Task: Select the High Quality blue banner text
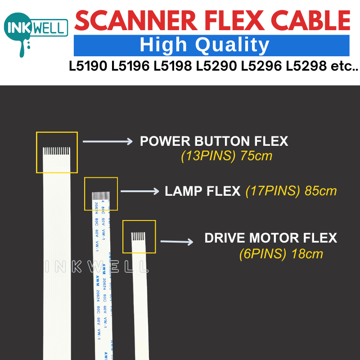click(x=204, y=45)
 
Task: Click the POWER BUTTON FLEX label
click(x=214, y=141)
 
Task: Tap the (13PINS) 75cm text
click(x=226, y=157)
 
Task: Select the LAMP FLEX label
click(x=202, y=191)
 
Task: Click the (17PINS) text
click(x=273, y=191)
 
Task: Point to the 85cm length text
click(x=321, y=191)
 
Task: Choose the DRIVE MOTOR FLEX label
click(x=270, y=238)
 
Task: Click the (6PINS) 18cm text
click(x=281, y=254)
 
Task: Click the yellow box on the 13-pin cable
click(x=57, y=152)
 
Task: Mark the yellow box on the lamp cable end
click(x=101, y=193)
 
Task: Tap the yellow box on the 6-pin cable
click(x=139, y=236)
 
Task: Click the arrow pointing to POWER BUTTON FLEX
click(x=108, y=142)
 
